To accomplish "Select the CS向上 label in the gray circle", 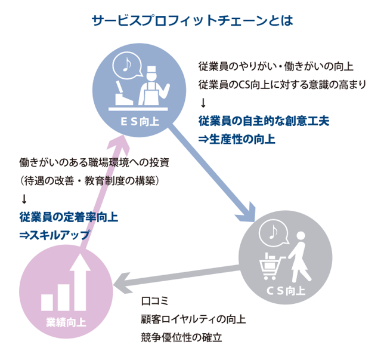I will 285,292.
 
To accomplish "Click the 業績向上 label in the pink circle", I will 66,323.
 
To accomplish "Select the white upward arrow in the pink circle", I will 79,281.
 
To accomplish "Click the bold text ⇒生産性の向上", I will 237,139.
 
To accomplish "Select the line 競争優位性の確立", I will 181,337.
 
